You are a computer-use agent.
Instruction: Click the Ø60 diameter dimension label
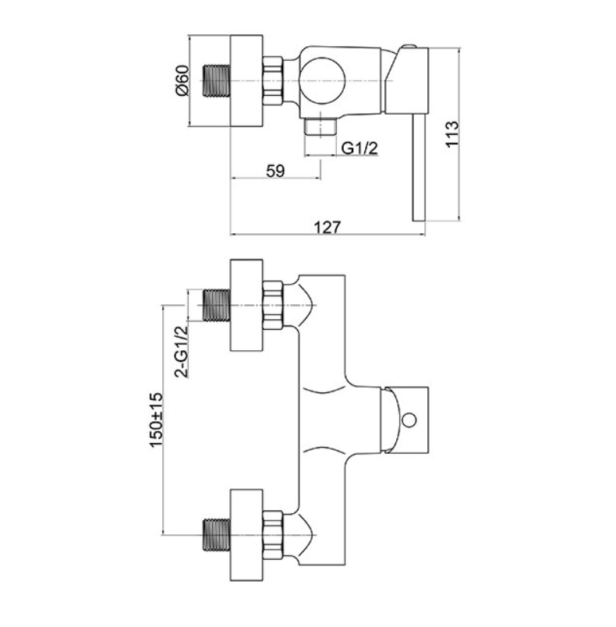click(182, 80)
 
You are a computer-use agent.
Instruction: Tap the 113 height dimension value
click(452, 134)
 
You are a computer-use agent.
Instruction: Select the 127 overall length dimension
click(327, 227)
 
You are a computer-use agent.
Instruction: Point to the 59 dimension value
click(275, 171)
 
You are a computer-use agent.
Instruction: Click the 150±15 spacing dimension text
click(156, 420)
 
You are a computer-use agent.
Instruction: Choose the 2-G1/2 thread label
click(181, 352)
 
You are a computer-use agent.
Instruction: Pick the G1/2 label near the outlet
click(359, 148)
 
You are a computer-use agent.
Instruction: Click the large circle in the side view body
click(322, 81)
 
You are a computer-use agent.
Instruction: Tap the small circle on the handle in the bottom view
click(409, 420)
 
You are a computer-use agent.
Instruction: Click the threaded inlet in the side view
click(217, 81)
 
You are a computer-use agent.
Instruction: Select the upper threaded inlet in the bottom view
click(217, 306)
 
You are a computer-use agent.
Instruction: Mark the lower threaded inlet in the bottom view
click(217, 535)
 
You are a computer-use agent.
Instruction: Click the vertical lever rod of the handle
click(420, 168)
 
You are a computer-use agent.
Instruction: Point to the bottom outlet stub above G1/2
click(320, 126)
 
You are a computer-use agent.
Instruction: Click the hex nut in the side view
click(273, 81)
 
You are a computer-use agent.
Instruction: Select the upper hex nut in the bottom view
click(273, 306)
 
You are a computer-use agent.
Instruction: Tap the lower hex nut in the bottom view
click(273, 535)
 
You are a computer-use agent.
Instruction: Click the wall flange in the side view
click(246, 81)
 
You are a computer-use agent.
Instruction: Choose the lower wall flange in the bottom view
click(246, 535)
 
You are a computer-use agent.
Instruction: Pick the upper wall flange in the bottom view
click(246, 306)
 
